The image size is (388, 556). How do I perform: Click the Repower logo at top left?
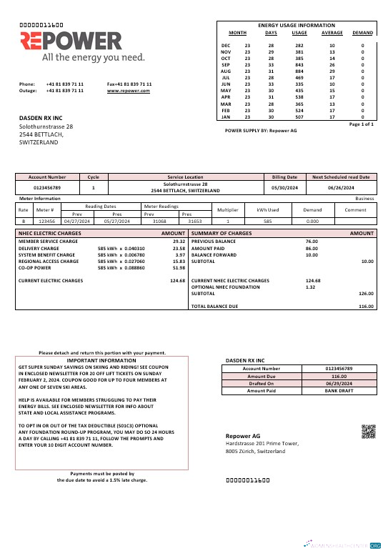[x=71, y=46]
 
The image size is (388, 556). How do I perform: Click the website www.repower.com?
[x=129, y=91]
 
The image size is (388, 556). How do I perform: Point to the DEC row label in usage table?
[x=226, y=45]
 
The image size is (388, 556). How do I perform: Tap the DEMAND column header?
[x=362, y=33]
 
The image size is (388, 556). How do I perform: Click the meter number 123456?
[x=46, y=222]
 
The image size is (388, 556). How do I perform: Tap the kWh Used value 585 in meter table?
[x=267, y=222]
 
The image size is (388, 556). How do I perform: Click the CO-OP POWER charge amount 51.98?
[x=179, y=268]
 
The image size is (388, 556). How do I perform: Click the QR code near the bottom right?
[x=368, y=431]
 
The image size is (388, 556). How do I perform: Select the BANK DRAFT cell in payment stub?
[x=339, y=391]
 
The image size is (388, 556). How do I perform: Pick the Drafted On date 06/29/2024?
[x=339, y=383]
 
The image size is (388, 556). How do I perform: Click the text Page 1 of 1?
[x=362, y=124]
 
